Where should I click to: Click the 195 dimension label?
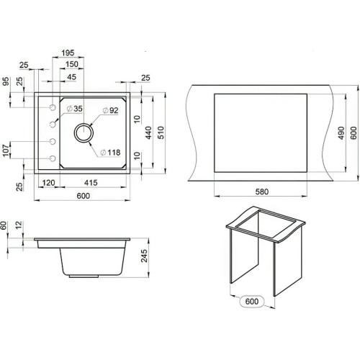pos(68,53)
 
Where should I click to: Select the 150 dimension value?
pos(72,64)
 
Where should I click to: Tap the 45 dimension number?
pos(71,77)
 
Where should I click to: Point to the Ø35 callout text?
pos(75,109)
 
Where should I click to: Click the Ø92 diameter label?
pos(110,110)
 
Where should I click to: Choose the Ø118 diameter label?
pos(110,153)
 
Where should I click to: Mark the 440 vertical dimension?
pos(148,132)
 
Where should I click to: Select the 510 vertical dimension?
pos(161,132)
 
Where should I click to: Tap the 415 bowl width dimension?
pos(91,183)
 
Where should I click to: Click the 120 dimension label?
pos(48,183)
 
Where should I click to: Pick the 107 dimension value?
pos(6,150)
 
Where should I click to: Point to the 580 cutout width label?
pos(262,192)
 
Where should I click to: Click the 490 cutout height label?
pos(341,132)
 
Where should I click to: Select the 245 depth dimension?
pos(144,256)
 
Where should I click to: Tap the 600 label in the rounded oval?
pos(252,302)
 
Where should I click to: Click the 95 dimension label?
pos(6,81)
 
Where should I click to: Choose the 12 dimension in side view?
pos(19,225)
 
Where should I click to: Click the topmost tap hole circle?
pos(53,107)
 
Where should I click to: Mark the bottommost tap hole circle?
pos(53,158)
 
